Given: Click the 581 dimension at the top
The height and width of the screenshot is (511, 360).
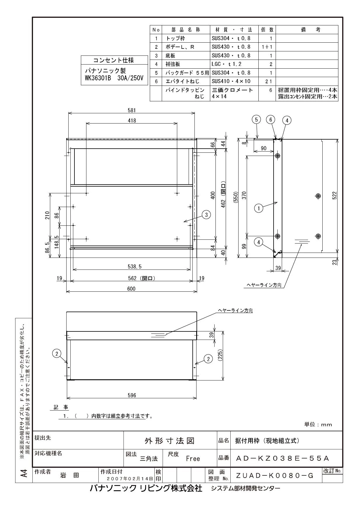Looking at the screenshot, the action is (132, 111).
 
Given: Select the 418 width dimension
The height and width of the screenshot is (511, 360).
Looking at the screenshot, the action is (132, 121).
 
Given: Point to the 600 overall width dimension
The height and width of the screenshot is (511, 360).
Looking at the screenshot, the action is (131, 289).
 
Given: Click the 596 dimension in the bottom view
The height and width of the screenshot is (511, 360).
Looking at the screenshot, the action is (132, 395).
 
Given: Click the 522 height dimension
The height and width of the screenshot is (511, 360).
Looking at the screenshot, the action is (335, 195).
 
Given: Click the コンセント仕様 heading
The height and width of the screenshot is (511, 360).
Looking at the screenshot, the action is (114, 60).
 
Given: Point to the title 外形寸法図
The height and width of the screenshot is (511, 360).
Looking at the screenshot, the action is (170, 441).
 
